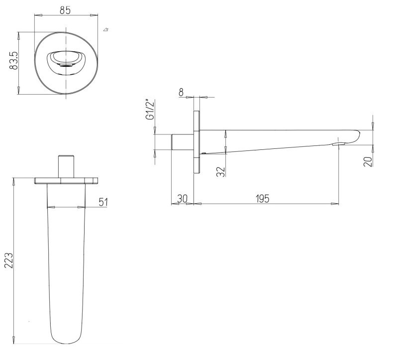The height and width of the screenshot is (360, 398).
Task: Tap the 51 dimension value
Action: [103, 202]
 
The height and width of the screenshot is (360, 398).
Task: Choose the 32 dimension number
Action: [221, 171]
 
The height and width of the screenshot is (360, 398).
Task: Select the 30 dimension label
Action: [182, 199]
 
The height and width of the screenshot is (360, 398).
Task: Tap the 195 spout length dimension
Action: [262, 199]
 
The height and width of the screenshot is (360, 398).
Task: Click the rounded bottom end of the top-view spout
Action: [65, 339]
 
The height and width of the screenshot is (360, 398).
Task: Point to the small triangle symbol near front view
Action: [105, 30]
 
